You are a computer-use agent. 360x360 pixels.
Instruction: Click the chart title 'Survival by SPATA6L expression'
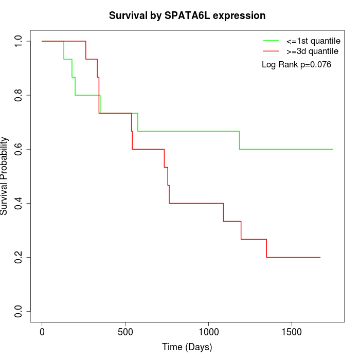pos(187,15)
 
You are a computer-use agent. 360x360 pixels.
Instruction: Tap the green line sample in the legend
pos(271,41)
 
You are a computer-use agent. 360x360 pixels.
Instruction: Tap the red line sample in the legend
pos(271,51)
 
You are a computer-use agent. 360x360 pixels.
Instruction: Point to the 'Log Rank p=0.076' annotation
pos(296,65)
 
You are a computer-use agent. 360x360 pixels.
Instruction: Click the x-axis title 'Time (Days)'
pos(187,347)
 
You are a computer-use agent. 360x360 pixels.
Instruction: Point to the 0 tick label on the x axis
pos(42,331)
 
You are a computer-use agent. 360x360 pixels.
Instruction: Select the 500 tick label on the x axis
pos(125,331)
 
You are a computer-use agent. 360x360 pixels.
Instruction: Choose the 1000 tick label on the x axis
pos(209,331)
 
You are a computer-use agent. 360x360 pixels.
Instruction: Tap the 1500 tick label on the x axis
pos(292,331)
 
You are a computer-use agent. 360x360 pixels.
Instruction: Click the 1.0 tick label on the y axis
pos(19,41)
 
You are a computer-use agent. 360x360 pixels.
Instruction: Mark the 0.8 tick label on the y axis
pos(19,95)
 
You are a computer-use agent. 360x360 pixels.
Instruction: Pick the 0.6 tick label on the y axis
pos(19,149)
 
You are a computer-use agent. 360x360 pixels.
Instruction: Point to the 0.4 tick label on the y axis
pos(19,203)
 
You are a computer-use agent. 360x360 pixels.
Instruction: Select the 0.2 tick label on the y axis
pos(19,257)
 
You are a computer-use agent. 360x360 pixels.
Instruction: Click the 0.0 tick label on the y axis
pos(19,311)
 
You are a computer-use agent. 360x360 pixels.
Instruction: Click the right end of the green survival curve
pos(333,149)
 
